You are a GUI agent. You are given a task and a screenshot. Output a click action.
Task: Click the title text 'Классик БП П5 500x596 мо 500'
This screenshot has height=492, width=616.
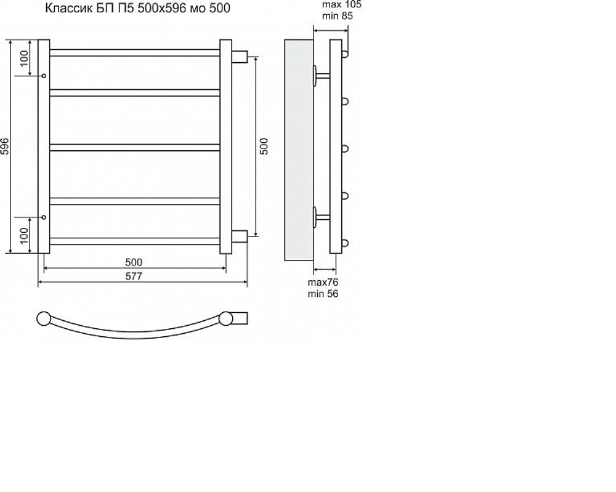click(137, 8)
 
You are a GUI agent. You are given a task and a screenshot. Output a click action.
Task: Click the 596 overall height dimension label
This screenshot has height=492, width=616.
click(5, 146)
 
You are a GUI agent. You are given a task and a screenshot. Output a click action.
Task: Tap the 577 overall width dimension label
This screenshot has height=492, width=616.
click(134, 276)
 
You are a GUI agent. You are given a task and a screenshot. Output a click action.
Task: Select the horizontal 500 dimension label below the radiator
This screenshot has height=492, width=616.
click(134, 262)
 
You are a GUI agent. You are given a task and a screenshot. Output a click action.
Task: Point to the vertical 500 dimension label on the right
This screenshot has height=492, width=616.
click(264, 146)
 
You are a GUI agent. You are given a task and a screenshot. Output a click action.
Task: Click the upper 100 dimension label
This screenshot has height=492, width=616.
click(24, 58)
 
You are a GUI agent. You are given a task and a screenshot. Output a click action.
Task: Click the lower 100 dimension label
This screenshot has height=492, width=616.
click(24, 235)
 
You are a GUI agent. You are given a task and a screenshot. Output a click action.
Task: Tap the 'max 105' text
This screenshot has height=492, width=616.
click(341, 5)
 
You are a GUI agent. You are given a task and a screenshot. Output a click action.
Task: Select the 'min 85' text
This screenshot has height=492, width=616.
click(337, 16)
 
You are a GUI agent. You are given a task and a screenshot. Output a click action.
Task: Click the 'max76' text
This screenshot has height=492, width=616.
click(323, 282)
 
